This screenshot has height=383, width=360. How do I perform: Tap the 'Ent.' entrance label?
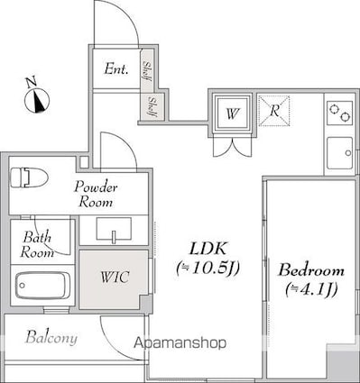point(116,69)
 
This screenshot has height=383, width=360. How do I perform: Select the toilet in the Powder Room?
point(29,178)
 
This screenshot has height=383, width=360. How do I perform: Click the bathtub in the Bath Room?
point(43,286)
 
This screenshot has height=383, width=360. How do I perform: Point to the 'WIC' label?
point(115,277)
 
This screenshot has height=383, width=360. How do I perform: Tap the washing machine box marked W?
point(232,113)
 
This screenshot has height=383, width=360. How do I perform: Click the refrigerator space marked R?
point(274,110)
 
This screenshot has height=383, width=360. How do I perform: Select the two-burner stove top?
point(340,113)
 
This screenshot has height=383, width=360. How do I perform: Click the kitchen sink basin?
point(340,153)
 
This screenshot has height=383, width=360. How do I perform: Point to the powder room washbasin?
point(114,229)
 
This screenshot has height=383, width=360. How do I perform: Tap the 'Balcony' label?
point(51,338)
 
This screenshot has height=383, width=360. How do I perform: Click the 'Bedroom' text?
point(311,270)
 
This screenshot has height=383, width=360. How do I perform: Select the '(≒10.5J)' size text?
point(208,268)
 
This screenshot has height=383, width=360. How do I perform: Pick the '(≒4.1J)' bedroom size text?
point(311,289)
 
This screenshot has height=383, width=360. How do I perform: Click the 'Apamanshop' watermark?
point(180,342)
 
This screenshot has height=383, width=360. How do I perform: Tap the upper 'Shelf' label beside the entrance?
point(147,70)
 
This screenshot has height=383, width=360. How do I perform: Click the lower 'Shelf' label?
point(153,107)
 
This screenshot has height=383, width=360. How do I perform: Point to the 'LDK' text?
point(208,248)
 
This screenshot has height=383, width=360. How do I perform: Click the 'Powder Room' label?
point(96,195)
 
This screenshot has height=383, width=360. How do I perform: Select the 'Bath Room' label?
point(37,245)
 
